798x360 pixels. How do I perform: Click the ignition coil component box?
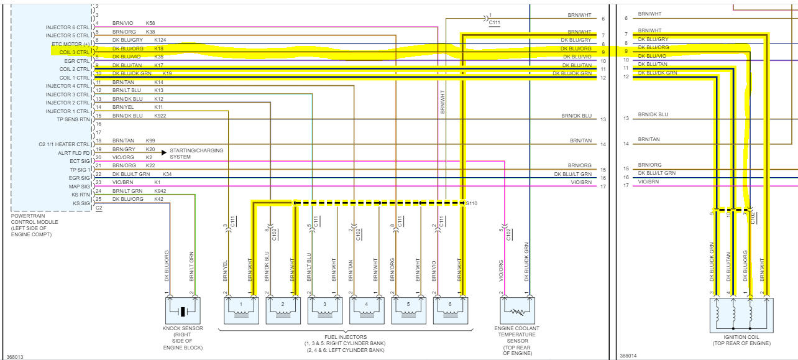coord(741,318)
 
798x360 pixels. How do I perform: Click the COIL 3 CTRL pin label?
coord(74,52)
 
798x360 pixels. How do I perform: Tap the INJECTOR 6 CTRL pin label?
coord(68,27)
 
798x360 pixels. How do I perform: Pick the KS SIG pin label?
coord(81,203)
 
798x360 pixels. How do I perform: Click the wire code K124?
coord(160,40)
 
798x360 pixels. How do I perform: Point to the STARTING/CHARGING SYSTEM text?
coord(196,154)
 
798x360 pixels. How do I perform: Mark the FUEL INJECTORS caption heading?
coord(345,337)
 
